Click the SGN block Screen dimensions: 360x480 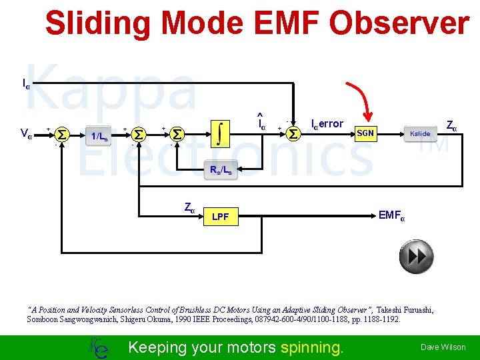365,134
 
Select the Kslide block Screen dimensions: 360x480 420,134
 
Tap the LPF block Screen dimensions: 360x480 220,217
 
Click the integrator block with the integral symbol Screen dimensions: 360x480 220,133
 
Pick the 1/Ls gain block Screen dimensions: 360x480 99,136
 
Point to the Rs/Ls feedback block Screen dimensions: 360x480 221,170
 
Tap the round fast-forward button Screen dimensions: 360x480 415,257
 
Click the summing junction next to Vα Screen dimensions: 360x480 61,135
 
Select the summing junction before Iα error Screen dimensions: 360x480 293,134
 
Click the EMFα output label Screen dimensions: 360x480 391,215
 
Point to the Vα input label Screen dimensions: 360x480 27,134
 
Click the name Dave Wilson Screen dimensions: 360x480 443,347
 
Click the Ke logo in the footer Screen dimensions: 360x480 97,347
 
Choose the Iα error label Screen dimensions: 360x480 327,124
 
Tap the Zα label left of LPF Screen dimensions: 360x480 189,207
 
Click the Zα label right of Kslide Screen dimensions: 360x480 451,125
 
